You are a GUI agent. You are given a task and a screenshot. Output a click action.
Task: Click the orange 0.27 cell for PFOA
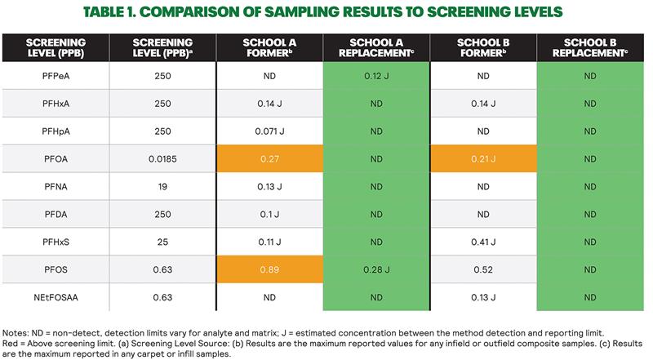269,158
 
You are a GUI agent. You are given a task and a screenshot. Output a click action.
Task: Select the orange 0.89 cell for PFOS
269,269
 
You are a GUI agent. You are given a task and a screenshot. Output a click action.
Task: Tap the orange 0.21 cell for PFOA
483,158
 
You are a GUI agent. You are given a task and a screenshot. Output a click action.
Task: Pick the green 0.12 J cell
376,75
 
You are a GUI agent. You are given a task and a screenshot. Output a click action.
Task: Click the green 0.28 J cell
376,269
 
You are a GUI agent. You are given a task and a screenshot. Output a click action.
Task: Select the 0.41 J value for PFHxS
483,241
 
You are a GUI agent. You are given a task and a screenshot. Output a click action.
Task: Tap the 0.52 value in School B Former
483,269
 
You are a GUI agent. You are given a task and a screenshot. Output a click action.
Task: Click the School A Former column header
269,47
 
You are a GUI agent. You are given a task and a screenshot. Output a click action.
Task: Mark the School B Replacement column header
590,47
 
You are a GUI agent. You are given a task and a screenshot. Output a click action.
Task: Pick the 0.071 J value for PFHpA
269,131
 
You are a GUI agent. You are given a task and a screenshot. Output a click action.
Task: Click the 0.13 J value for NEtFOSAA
483,296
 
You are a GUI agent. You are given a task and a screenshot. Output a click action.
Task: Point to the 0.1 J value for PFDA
269,213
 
